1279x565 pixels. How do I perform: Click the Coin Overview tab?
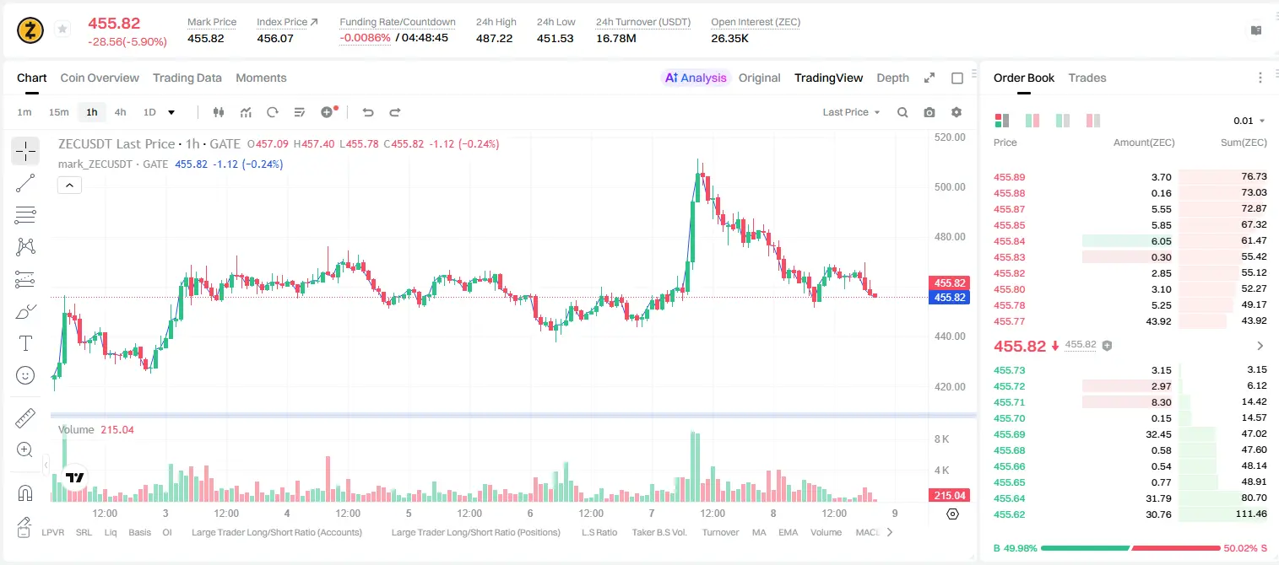(100, 78)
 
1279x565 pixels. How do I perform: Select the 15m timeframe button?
(58, 112)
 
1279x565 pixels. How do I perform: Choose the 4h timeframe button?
(120, 112)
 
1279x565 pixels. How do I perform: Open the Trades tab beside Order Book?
(1087, 78)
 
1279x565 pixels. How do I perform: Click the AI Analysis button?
(696, 78)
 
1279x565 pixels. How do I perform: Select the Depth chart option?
(892, 78)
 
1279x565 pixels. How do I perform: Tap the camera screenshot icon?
(929, 112)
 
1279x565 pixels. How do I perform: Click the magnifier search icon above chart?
(902, 112)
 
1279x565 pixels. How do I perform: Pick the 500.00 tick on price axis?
(950, 187)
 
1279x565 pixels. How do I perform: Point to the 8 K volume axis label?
(941, 439)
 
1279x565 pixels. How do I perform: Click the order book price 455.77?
(1009, 321)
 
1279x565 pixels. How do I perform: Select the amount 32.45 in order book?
(1158, 434)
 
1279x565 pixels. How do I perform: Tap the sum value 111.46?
(1251, 514)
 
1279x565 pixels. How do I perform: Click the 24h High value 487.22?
(494, 38)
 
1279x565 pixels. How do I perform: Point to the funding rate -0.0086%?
(365, 38)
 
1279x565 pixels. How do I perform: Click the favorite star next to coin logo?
(62, 29)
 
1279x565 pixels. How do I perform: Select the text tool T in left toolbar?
(25, 343)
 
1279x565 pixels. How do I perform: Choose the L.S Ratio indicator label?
(599, 532)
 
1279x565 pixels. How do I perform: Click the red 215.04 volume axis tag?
(949, 496)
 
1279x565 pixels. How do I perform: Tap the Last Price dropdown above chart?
(851, 112)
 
